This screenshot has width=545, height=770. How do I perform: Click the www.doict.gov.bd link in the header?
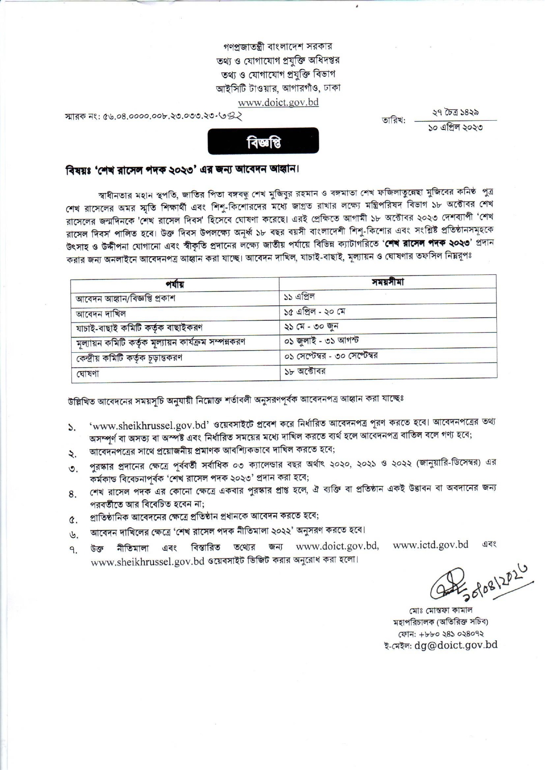click(278, 102)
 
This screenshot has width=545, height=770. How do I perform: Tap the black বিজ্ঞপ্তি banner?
click(263, 141)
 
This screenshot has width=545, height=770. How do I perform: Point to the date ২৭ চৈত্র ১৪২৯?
click(455, 113)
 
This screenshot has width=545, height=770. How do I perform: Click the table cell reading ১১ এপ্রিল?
click(299, 297)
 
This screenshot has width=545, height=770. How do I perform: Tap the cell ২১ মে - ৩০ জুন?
click(311, 326)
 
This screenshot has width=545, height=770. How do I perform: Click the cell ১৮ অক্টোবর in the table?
click(305, 371)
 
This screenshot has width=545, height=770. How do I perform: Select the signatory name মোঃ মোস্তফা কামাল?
click(444, 610)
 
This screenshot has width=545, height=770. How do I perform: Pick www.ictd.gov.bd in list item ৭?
click(430, 545)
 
